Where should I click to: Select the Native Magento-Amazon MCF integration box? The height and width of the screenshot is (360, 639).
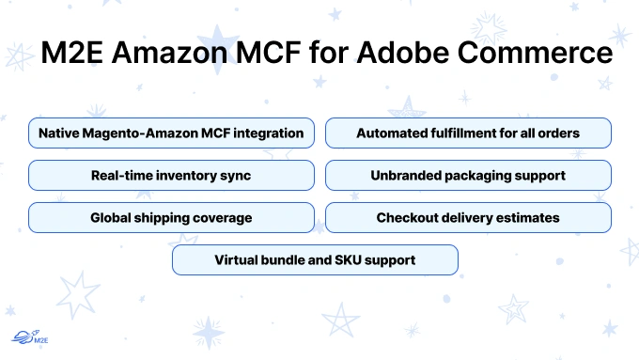coord(171,133)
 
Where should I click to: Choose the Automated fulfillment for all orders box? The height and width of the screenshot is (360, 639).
coord(468,133)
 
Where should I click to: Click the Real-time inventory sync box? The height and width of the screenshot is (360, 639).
coord(171,176)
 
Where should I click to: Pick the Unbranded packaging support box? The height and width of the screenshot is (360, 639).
coord(468,176)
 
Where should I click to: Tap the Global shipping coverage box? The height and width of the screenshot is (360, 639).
coord(171,217)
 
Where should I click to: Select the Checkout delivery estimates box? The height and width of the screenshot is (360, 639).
coord(468,217)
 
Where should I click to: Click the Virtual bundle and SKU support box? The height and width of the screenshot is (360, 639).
coord(315,259)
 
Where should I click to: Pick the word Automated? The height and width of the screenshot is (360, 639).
coord(392,133)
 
